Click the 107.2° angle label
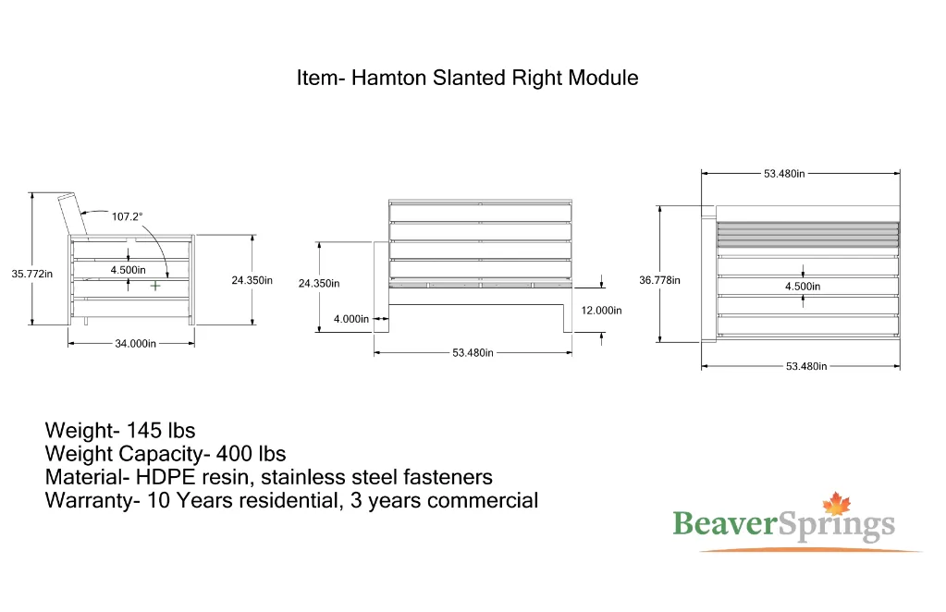128,216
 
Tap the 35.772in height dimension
32,274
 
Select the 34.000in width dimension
136,344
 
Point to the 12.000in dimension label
601,311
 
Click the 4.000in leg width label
351,319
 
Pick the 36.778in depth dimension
660,280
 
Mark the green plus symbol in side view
155,286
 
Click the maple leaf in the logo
836,504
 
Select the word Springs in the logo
836,526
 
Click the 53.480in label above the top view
784,174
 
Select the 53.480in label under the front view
473,353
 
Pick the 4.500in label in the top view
803,287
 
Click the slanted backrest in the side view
74,214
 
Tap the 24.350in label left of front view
319,284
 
